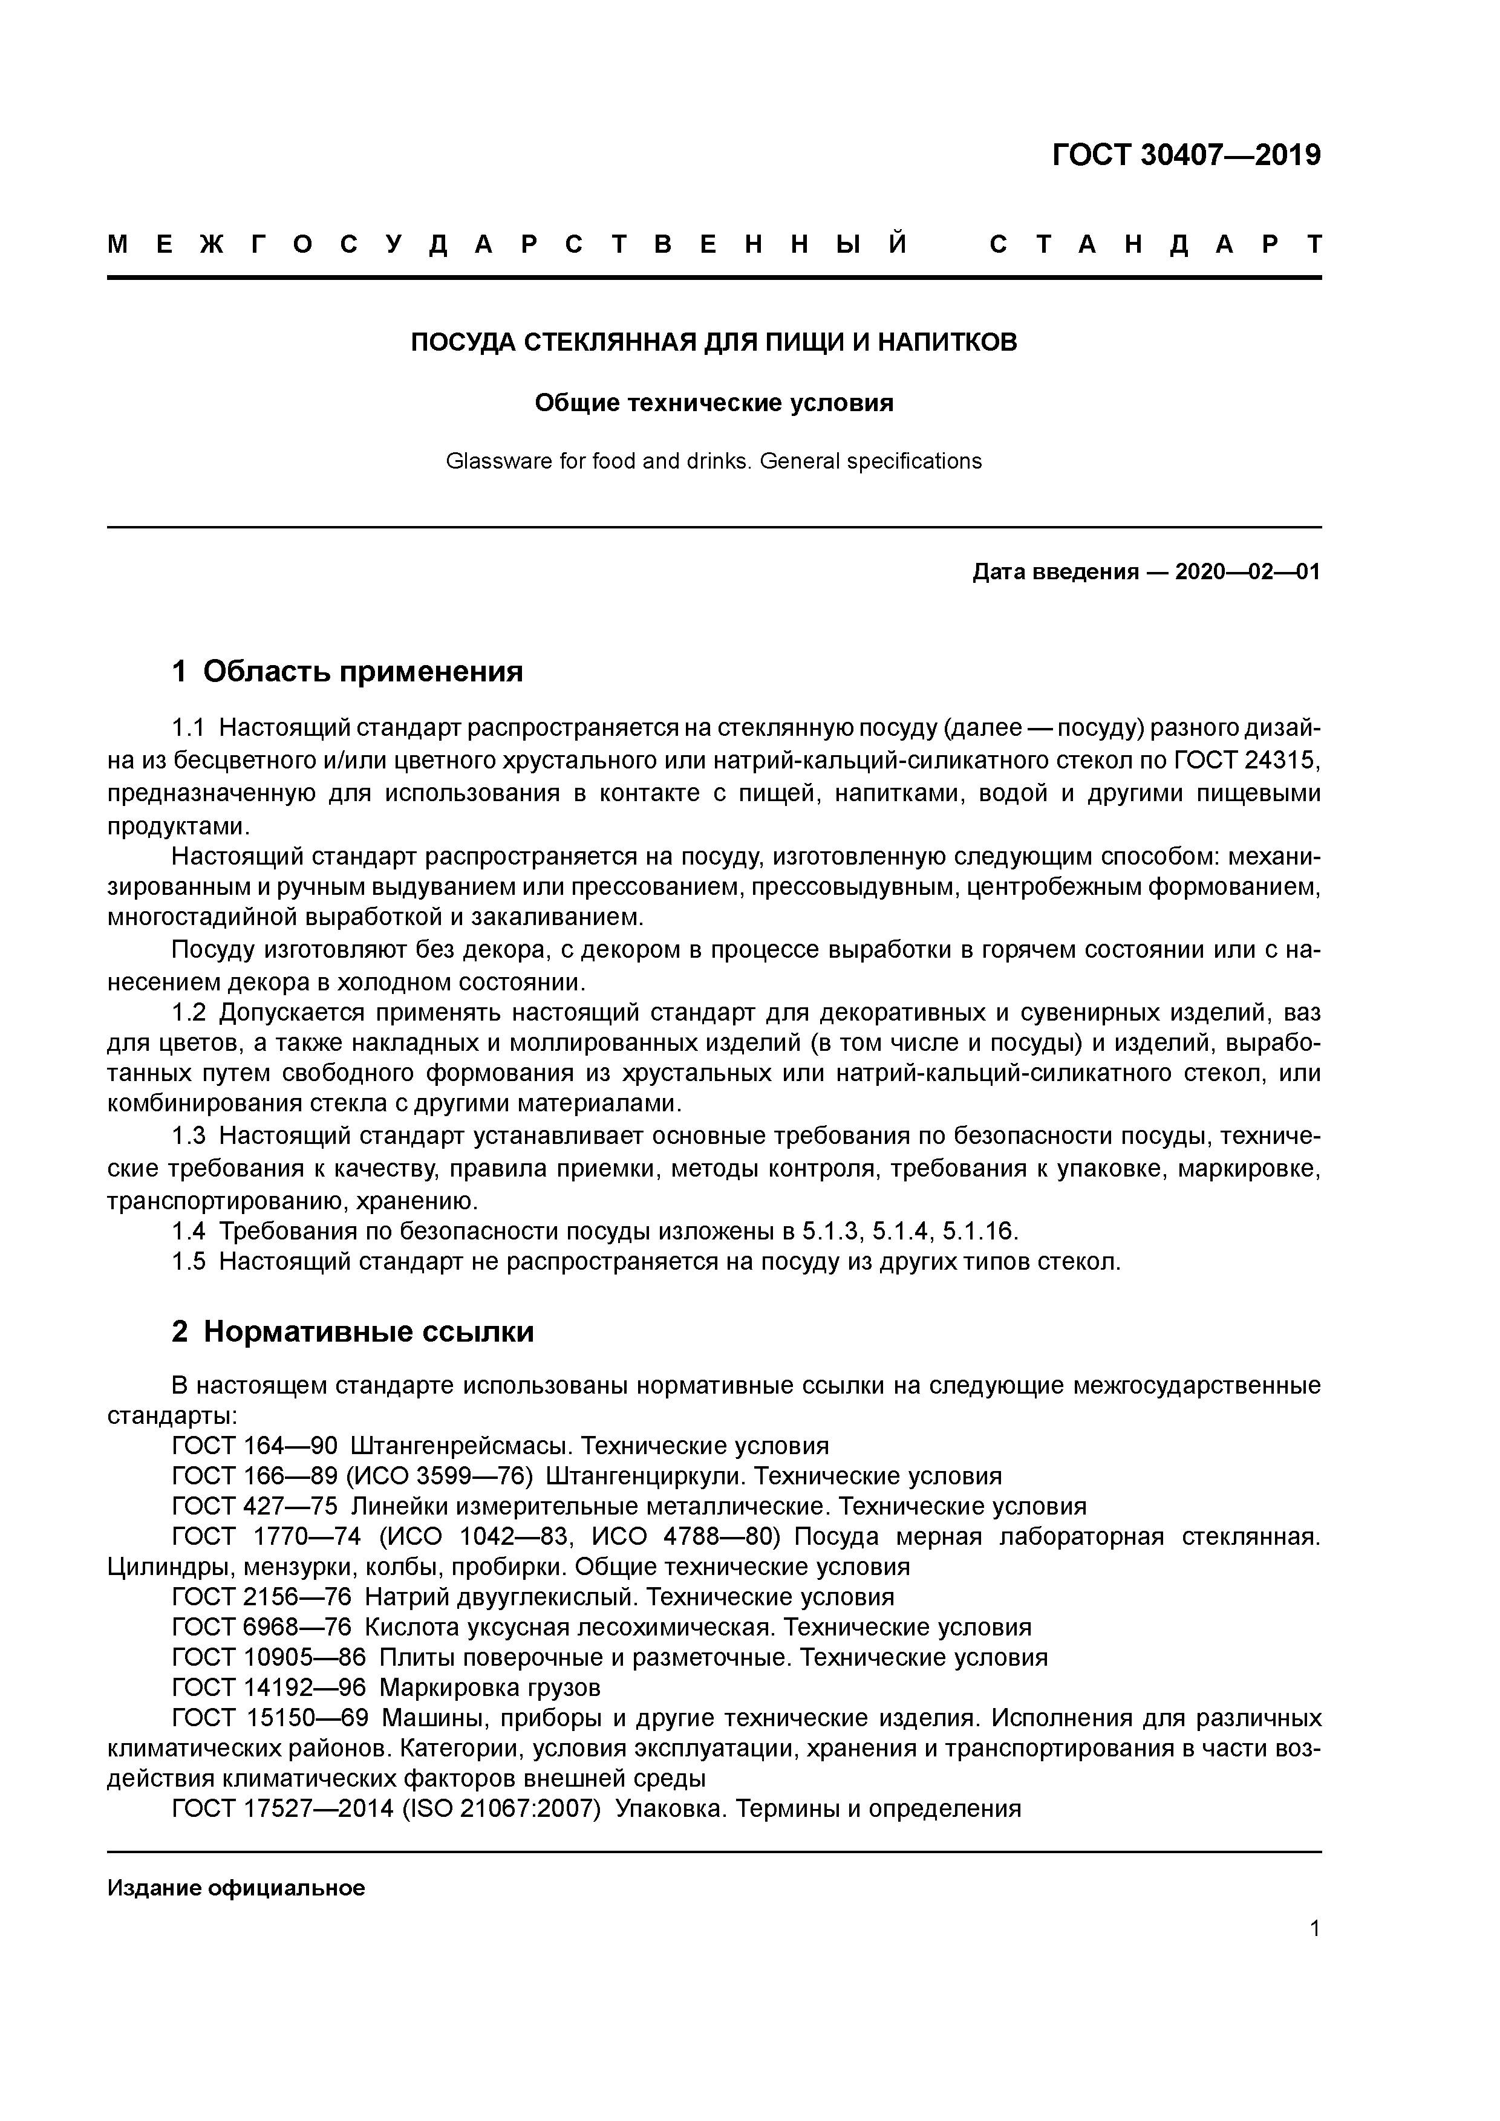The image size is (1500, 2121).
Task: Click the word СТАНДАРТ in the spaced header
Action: (1155, 245)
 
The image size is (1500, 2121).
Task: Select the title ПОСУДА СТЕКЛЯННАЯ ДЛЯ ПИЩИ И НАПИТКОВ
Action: (714, 343)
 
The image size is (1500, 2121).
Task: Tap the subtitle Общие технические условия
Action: (714, 404)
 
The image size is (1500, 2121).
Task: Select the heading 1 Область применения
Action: (348, 672)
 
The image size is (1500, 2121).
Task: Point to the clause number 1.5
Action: (189, 1262)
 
